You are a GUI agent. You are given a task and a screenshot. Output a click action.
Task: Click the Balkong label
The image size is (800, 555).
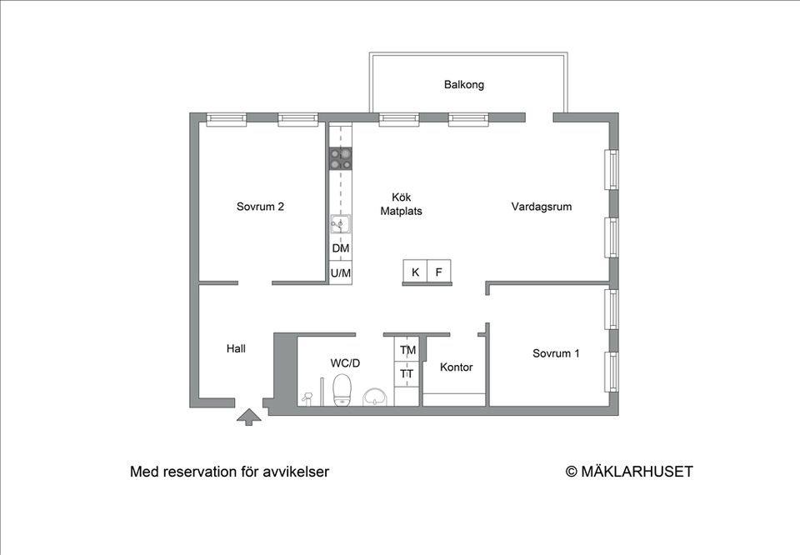[463, 85]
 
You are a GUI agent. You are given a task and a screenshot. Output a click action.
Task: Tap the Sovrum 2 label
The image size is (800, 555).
[260, 207]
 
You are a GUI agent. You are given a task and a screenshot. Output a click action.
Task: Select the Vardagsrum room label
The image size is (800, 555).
[541, 207]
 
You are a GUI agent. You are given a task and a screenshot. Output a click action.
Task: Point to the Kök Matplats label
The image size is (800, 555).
[401, 204]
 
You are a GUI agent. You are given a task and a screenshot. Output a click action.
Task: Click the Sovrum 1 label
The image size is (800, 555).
[556, 353]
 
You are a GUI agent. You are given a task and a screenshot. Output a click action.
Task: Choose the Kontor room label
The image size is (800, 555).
[456, 367]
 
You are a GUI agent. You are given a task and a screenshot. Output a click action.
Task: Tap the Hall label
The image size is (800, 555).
[236, 349]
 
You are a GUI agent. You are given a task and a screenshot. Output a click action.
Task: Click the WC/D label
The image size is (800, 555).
[345, 363]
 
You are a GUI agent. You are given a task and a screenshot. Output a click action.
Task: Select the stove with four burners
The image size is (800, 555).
[340, 158]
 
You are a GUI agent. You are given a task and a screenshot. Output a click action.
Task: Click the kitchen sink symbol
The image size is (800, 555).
[340, 223]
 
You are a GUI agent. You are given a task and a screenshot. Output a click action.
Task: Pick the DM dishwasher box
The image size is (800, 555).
[340, 249]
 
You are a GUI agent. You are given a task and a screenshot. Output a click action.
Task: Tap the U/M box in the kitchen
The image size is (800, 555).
[340, 272]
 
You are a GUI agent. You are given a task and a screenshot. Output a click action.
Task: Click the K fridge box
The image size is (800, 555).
[415, 272]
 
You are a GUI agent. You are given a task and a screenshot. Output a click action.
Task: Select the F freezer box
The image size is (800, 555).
[438, 272]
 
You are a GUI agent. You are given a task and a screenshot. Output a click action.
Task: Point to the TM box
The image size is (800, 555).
[407, 350]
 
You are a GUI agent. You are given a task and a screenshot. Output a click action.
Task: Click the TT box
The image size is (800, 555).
[407, 374]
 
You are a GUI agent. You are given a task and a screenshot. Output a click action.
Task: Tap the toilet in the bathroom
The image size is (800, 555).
[342, 390]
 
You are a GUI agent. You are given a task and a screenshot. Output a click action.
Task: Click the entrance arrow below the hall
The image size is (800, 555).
[247, 417]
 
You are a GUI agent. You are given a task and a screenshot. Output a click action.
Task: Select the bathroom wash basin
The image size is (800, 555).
[377, 397]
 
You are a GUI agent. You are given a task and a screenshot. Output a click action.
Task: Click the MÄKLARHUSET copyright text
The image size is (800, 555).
[629, 472]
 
